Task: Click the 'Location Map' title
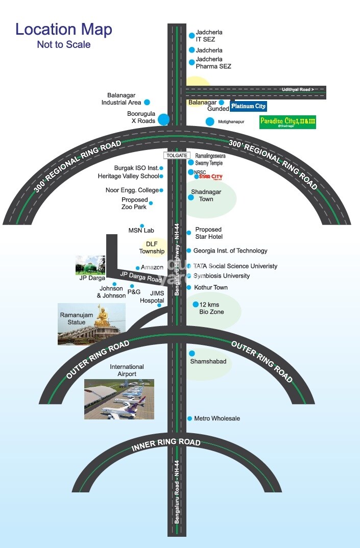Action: point(63,29)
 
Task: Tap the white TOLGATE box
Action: point(177,155)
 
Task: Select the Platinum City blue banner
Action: point(248,106)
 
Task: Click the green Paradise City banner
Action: point(287,122)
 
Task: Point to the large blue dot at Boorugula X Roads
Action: point(163,120)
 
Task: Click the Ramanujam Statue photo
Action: point(91,324)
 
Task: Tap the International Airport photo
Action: point(119,399)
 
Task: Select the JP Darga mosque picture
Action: point(90,265)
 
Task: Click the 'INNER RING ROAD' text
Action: point(166,445)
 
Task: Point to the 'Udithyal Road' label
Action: point(298,90)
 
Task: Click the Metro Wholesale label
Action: point(217,418)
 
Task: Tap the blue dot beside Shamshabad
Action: point(192,353)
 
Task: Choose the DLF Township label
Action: point(152,247)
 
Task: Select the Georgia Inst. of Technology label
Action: point(230,251)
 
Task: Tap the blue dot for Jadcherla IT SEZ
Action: point(192,36)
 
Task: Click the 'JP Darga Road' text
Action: point(140,277)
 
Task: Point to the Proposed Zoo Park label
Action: point(134,203)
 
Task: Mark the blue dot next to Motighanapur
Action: point(209,121)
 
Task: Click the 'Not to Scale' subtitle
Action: point(63,45)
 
